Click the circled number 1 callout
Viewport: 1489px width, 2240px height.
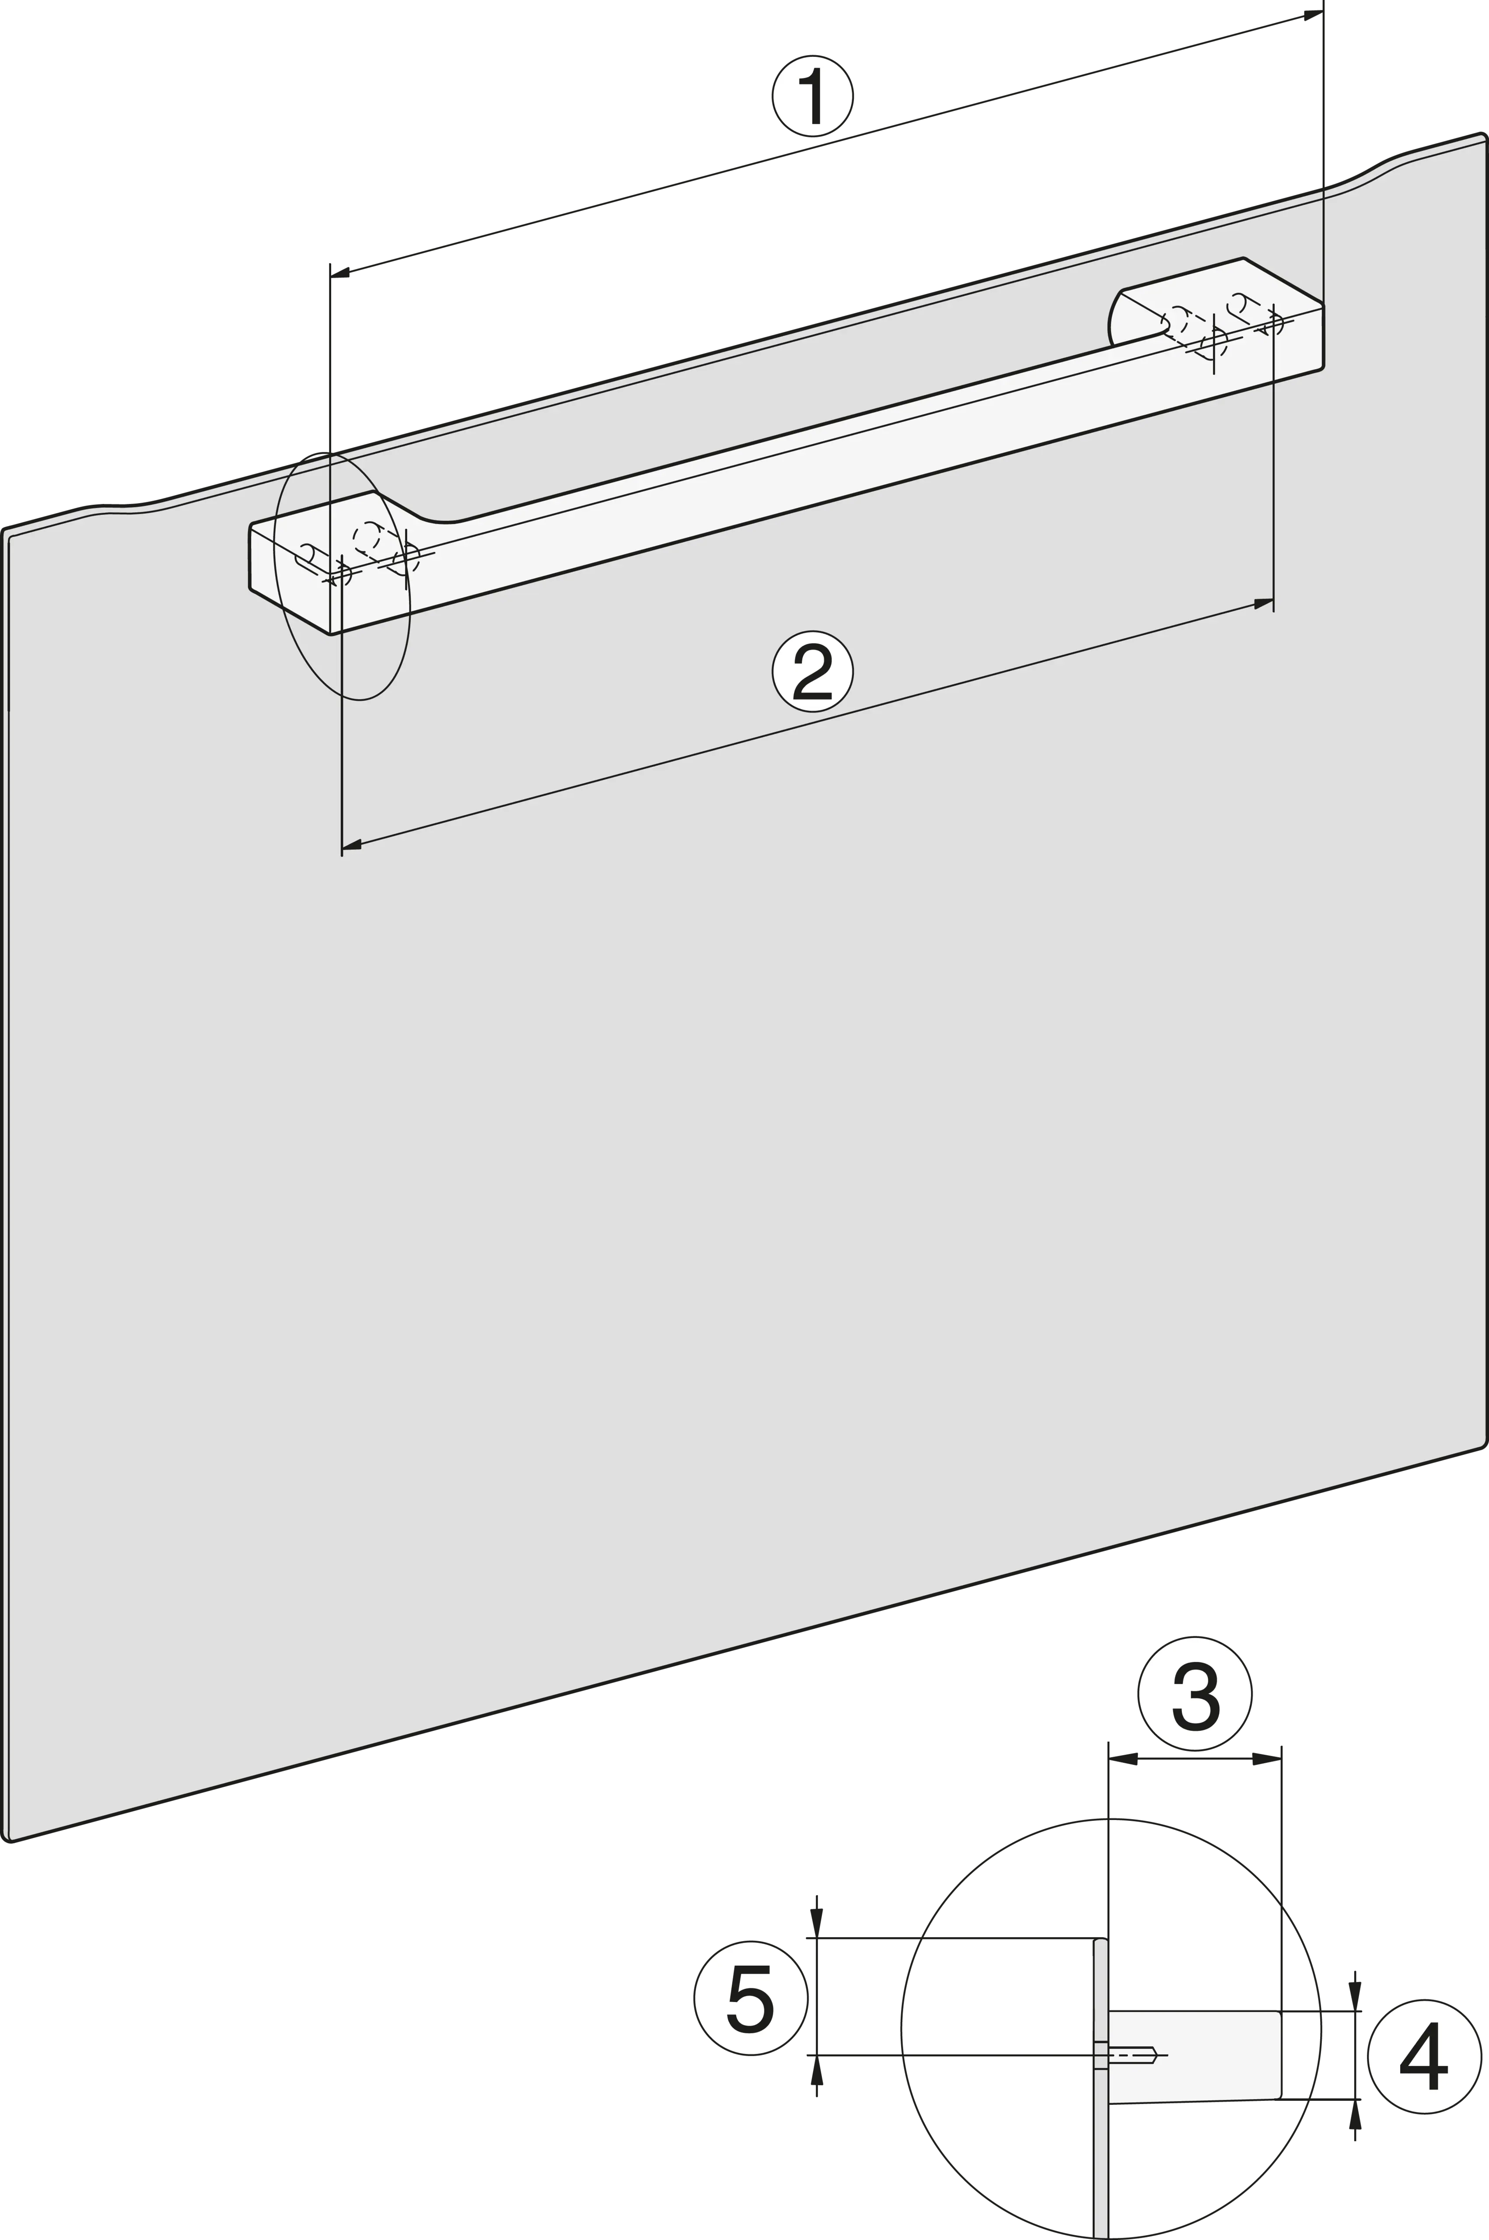point(812,96)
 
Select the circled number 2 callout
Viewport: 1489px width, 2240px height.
point(812,671)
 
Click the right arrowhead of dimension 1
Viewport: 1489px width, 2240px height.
point(1313,15)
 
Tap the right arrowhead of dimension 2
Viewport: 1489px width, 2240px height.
point(1263,604)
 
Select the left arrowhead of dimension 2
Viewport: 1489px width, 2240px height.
point(351,843)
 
